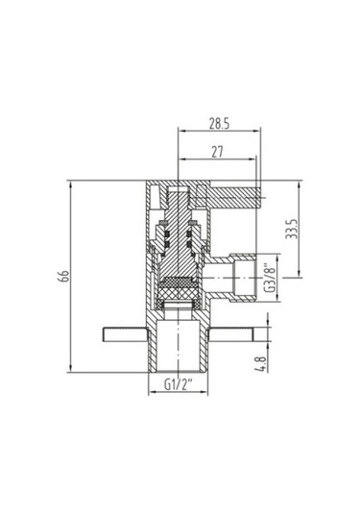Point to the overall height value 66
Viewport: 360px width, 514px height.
(63, 277)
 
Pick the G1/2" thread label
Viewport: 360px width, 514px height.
(179, 386)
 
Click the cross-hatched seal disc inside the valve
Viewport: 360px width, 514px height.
(178, 286)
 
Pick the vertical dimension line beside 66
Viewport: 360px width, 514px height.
(74, 277)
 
